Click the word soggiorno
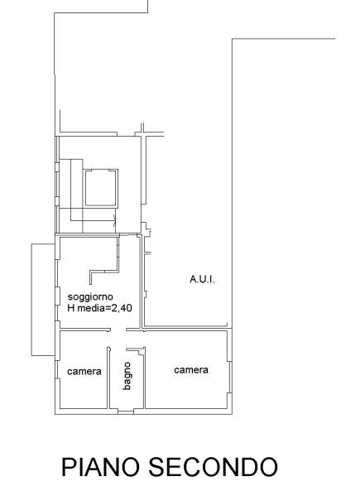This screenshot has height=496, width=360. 90,297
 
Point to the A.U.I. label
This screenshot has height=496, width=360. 202,279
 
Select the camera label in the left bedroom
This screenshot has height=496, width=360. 84,371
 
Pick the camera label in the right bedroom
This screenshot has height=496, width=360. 191,370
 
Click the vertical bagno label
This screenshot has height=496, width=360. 127,376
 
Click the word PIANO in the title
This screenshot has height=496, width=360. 100,467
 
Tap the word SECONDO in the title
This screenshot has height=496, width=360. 214,467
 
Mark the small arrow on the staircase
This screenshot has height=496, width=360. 114,220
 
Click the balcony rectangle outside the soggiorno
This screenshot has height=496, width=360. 31,300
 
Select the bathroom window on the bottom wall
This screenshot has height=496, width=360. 126,412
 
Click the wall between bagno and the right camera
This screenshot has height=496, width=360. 145,378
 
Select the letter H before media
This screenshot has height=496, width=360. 71,308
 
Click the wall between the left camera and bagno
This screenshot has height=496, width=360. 108,378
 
